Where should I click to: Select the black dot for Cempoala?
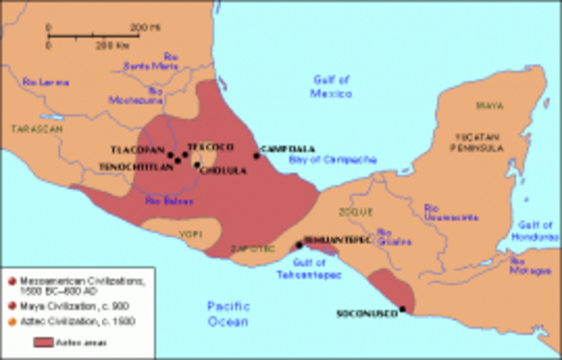(257, 155)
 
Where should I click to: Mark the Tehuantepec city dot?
(299, 244)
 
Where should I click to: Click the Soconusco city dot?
(402, 308)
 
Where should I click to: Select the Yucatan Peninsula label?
(479, 142)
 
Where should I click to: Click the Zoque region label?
(360, 212)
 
